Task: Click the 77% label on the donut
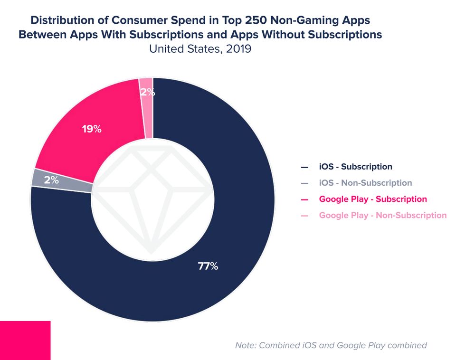click(208, 266)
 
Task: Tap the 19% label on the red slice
click(91, 129)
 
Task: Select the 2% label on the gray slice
click(51, 180)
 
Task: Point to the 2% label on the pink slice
click(147, 92)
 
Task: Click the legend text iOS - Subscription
click(356, 167)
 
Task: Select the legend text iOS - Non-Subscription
click(365, 183)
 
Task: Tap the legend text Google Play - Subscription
click(373, 199)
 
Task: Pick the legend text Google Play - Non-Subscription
click(383, 215)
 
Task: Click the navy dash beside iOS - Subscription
click(304, 167)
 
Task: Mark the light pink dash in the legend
click(304, 216)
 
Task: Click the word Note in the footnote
click(247, 345)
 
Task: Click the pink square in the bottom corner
click(25, 340)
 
